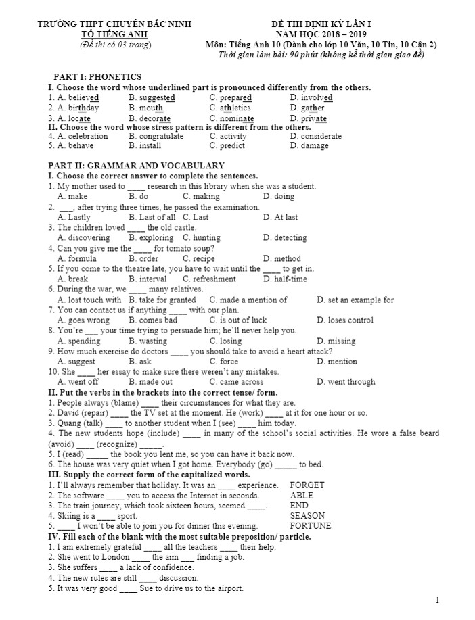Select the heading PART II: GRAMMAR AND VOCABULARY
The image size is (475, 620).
tap(136, 166)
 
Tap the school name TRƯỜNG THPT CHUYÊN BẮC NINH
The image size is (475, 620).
tap(114, 24)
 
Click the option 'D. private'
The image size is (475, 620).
tap(308, 118)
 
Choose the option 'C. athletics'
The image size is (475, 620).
tap(230, 108)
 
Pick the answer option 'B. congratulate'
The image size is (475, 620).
tap(156, 136)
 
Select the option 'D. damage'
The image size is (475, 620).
tap(309, 145)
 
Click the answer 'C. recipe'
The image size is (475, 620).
tap(198, 258)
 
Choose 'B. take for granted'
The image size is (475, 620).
tap(162, 300)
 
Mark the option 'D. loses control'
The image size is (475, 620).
tap(345, 320)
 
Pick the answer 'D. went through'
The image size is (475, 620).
tap(346, 382)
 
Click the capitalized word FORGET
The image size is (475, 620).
tap(307, 485)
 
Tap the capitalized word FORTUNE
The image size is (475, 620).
tap(311, 525)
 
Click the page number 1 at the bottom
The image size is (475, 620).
tap(437, 600)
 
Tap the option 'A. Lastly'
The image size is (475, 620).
tap(74, 217)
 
